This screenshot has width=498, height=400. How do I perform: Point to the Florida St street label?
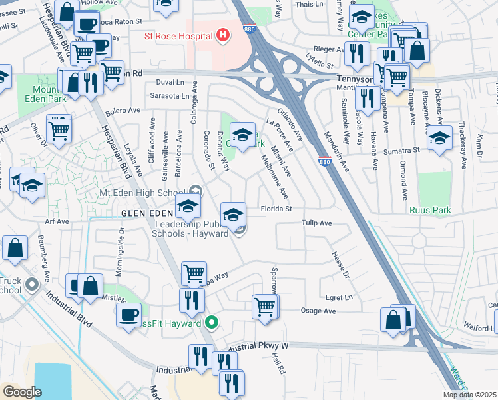[276, 209]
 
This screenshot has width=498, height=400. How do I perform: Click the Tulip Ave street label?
[316, 224]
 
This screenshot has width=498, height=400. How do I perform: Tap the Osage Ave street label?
[318, 311]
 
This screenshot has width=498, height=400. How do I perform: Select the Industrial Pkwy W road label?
[256, 347]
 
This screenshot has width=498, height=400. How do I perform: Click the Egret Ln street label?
[338, 297]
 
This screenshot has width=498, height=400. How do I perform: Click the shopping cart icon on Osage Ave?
[264, 307]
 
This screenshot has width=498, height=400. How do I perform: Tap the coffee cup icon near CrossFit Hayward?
[128, 314]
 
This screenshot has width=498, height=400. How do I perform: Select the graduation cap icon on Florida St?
[232, 215]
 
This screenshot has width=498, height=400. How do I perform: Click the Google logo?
[22, 392]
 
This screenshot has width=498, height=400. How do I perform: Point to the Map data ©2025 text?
[470, 395]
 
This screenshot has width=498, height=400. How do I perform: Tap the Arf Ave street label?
[57, 221]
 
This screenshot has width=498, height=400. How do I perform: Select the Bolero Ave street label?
[124, 110]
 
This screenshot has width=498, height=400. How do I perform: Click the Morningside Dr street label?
[121, 243]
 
